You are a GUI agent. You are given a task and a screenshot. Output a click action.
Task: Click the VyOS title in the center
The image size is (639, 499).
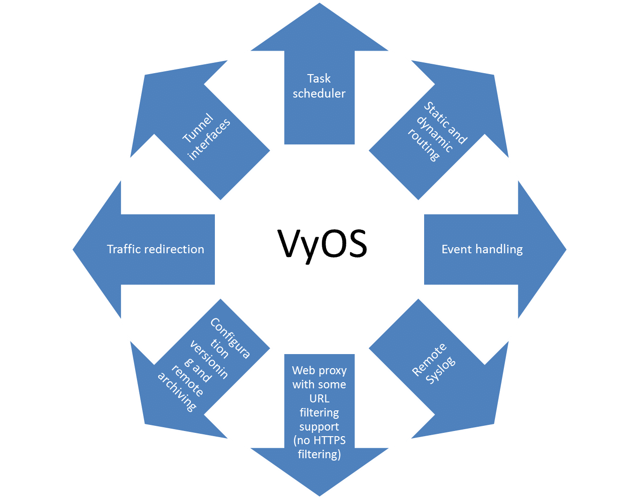(323, 244)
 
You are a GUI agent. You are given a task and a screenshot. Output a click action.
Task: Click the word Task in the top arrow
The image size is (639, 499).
(319, 78)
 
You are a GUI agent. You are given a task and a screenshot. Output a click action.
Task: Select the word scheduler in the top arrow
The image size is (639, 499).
(319, 93)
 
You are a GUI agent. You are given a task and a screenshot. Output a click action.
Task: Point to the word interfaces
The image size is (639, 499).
(210, 139)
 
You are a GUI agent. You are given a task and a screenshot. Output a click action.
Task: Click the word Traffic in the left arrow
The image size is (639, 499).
(124, 249)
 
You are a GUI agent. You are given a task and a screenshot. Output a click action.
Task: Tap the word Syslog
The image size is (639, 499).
(441, 370)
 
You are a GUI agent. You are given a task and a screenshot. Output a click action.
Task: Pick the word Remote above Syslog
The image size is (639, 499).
(429, 360)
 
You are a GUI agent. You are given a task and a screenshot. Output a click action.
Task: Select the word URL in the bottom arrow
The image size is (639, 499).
(319, 399)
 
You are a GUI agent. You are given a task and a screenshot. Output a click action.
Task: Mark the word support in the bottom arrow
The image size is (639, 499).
(319, 427)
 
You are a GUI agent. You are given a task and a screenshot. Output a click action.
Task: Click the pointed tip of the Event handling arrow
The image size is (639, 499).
(566, 249)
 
